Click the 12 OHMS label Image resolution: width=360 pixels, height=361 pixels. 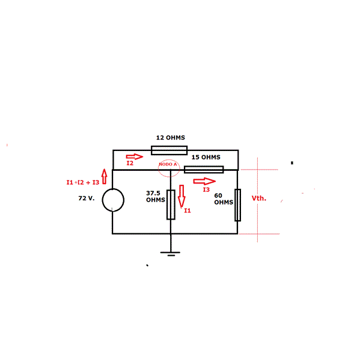tap(171, 138)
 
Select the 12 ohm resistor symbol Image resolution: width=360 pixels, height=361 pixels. tap(169, 150)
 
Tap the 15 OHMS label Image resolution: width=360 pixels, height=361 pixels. tap(206, 157)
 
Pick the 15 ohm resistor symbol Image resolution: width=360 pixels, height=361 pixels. tap(204, 170)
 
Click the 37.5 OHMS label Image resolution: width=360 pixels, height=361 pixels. tap(156, 196)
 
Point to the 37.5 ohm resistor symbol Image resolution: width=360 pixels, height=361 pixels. tap(171, 205)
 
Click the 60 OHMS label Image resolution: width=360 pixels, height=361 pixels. tap(224, 199)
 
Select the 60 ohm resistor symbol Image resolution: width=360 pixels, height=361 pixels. tap(238, 205)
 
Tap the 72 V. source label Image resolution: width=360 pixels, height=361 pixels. tap(87, 198)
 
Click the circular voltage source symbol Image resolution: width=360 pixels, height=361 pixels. tap(113, 200)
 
